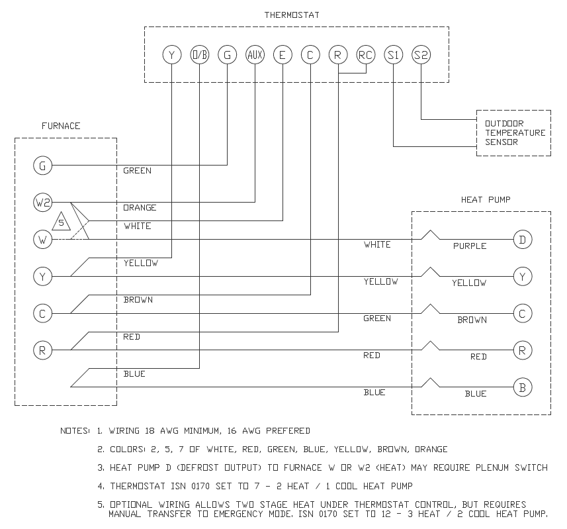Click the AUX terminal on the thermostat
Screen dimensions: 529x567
coord(255,55)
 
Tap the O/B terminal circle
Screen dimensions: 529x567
coord(199,55)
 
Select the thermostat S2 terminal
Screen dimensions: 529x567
coord(421,55)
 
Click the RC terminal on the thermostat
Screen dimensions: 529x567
coord(365,55)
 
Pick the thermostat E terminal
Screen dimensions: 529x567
coord(283,55)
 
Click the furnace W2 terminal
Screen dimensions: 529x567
coord(43,203)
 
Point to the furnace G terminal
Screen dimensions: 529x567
coord(43,166)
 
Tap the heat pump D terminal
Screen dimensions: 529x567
coord(523,240)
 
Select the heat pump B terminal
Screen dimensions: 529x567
coord(523,387)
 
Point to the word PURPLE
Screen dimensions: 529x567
coord(470,246)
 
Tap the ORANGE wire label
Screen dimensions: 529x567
coord(140,208)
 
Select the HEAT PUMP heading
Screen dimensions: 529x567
coord(486,199)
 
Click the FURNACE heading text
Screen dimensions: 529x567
coord(61,126)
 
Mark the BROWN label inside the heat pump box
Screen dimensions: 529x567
coord(472,320)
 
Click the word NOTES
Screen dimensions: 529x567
coord(74,431)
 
